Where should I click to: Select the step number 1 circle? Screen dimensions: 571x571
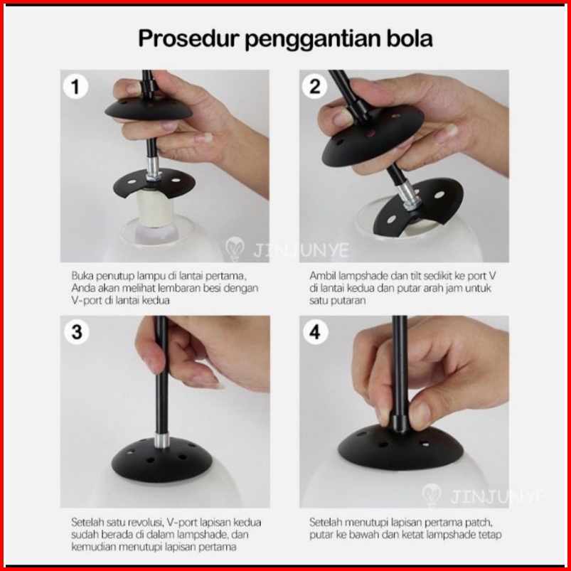pyautogui.click(x=75, y=87)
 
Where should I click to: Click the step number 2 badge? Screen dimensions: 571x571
pyautogui.click(x=314, y=87)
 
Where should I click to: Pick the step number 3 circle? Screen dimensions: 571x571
pyautogui.click(x=77, y=332)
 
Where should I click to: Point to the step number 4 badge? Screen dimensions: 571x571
pyautogui.click(x=315, y=332)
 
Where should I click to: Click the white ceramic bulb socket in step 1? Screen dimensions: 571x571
pyautogui.click(x=155, y=209)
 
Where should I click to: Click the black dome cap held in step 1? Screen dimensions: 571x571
pyautogui.click(x=149, y=109)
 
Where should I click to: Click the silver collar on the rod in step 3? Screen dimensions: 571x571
pyautogui.click(x=161, y=440)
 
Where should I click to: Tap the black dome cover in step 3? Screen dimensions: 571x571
pyautogui.click(x=161, y=461)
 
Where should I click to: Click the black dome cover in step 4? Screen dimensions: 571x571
pyautogui.click(x=400, y=449)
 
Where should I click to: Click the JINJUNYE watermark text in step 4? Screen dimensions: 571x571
pyautogui.click(x=498, y=497)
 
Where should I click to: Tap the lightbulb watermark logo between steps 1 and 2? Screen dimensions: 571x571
pyautogui.click(x=235, y=249)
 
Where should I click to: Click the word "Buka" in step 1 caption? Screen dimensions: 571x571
pyautogui.click(x=81, y=276)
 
